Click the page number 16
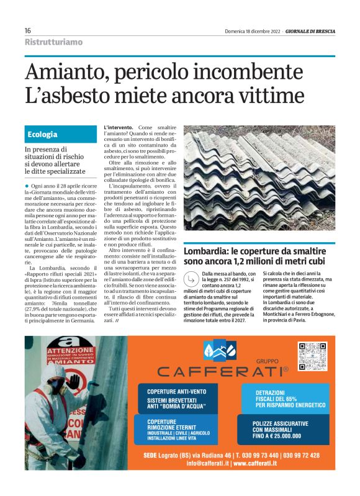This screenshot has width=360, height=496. click(x=28, y=30)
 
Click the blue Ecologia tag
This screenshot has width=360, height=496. click(x=43, y=134)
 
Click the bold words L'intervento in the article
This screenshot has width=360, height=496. click(x=117, y=127)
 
